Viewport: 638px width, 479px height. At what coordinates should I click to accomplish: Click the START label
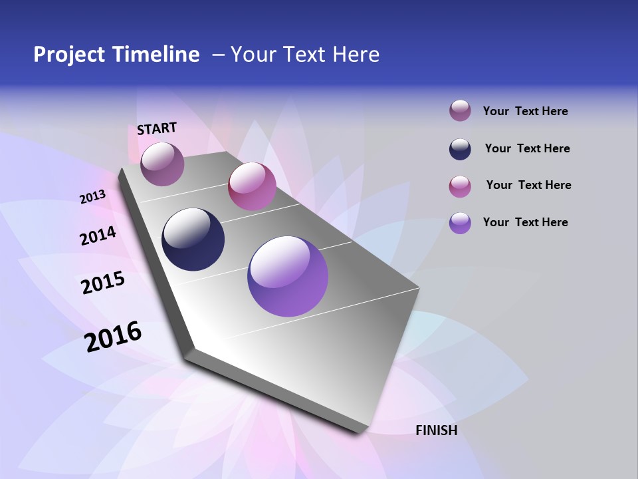(x=157, y=128)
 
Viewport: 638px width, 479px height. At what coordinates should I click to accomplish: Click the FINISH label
(x=436, y=430)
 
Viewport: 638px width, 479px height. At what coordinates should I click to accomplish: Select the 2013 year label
(x=92, y=197)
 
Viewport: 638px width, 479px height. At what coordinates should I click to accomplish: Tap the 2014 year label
(x=98, y=236)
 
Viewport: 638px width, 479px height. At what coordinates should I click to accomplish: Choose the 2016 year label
(x=113, y=336)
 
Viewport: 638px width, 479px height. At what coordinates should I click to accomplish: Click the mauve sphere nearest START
(x=162, y=164)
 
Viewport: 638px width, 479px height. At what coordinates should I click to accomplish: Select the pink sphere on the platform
(x=252, y=186)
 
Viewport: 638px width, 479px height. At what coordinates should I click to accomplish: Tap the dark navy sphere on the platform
(x=193, y=239)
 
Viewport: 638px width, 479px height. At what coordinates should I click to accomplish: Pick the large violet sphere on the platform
(x=288, y=276)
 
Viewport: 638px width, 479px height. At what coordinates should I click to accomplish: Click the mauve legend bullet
(x=460, y=111)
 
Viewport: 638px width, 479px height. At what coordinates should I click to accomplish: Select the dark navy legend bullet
(x=460, y=149)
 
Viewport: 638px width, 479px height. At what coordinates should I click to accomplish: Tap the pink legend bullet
(x=460, y=186)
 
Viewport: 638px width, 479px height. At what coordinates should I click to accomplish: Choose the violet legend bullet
(x=460, y=223)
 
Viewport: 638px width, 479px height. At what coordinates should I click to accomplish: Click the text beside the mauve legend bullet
(x=525, y=111)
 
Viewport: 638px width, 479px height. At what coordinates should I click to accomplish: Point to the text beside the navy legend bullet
(x=527, y=148)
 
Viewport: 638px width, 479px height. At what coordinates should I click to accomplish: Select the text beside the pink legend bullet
(x=528, y=185)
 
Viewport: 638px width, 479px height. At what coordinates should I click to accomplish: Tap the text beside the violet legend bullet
(x=525, y=222)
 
